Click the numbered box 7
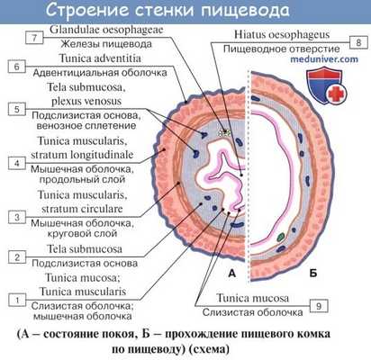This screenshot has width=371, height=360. [x=33, y=39]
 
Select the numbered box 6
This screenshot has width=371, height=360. [x=17, y=67]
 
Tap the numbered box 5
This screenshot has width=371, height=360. [x=17, y=109]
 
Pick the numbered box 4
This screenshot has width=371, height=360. [x=17, y=163]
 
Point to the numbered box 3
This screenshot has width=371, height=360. [x=17, y=217]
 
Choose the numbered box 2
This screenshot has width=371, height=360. [x=17, y=257]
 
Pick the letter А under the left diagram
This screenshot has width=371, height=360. [x=231, y=271]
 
